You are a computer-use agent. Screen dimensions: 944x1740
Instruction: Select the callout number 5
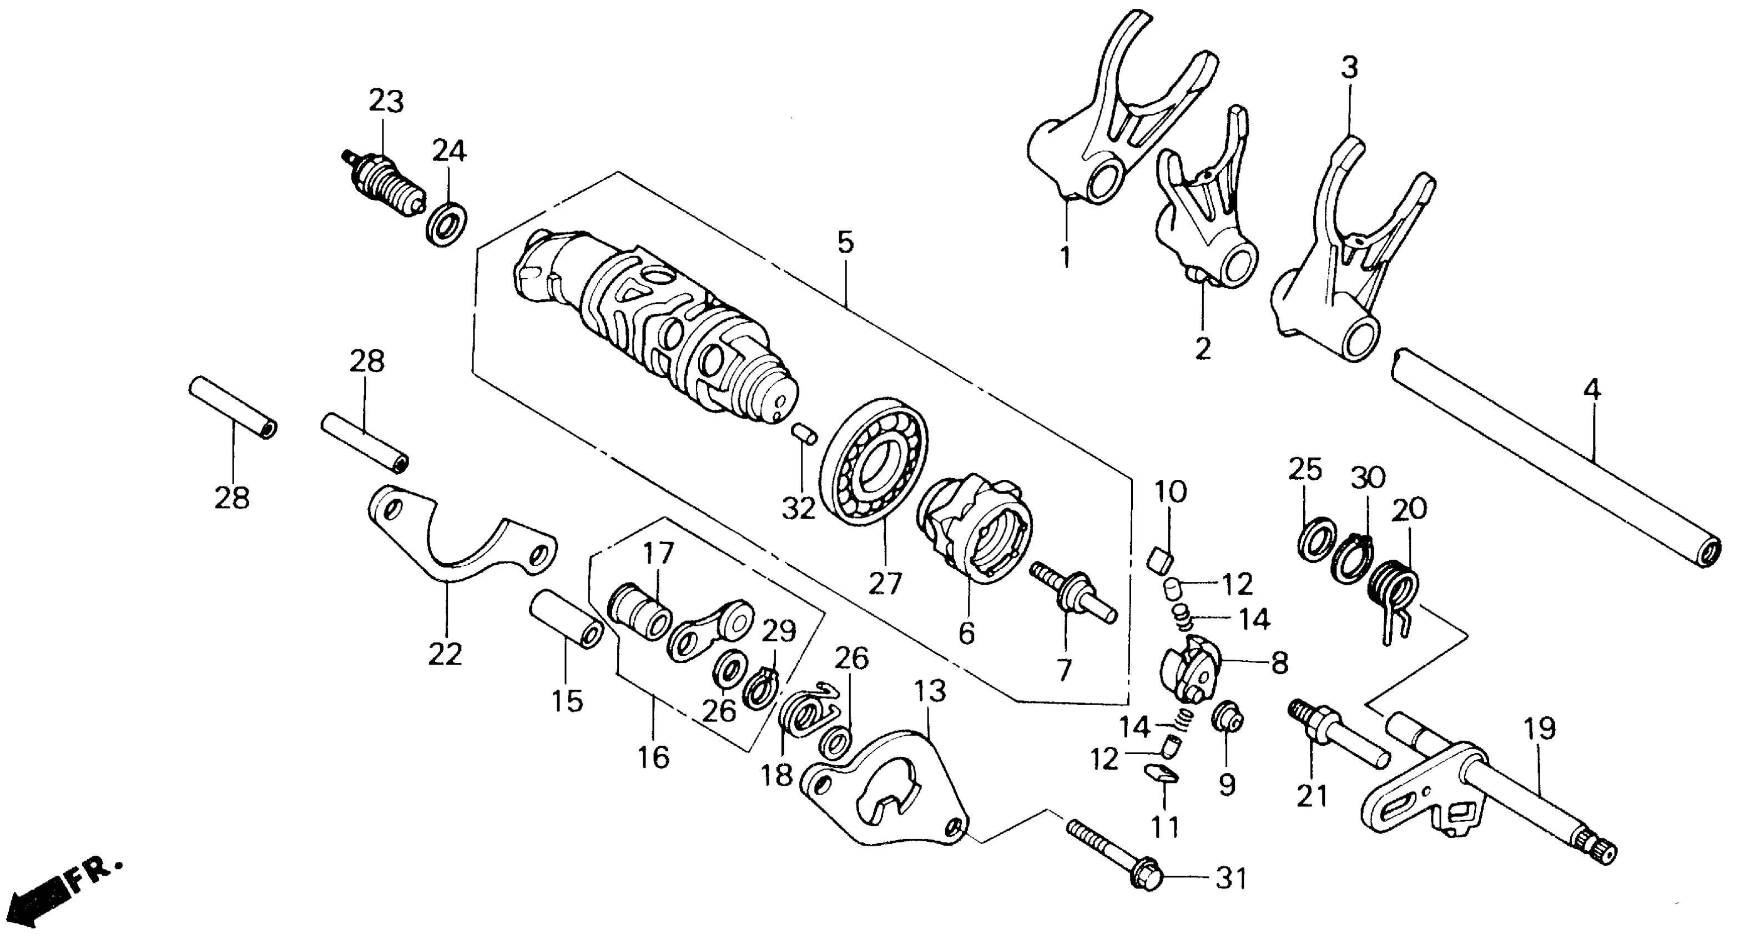tap(846, 243)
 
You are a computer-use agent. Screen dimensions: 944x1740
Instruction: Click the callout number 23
tap(386, 102)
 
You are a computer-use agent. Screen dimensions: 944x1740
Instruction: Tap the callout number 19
tap(1540, 729)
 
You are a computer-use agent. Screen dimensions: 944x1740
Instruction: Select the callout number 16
tap(653, 757)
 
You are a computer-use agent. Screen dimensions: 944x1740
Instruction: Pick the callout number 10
tap(1170, 492)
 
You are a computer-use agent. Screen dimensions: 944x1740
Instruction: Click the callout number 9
tap(1227, 785)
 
